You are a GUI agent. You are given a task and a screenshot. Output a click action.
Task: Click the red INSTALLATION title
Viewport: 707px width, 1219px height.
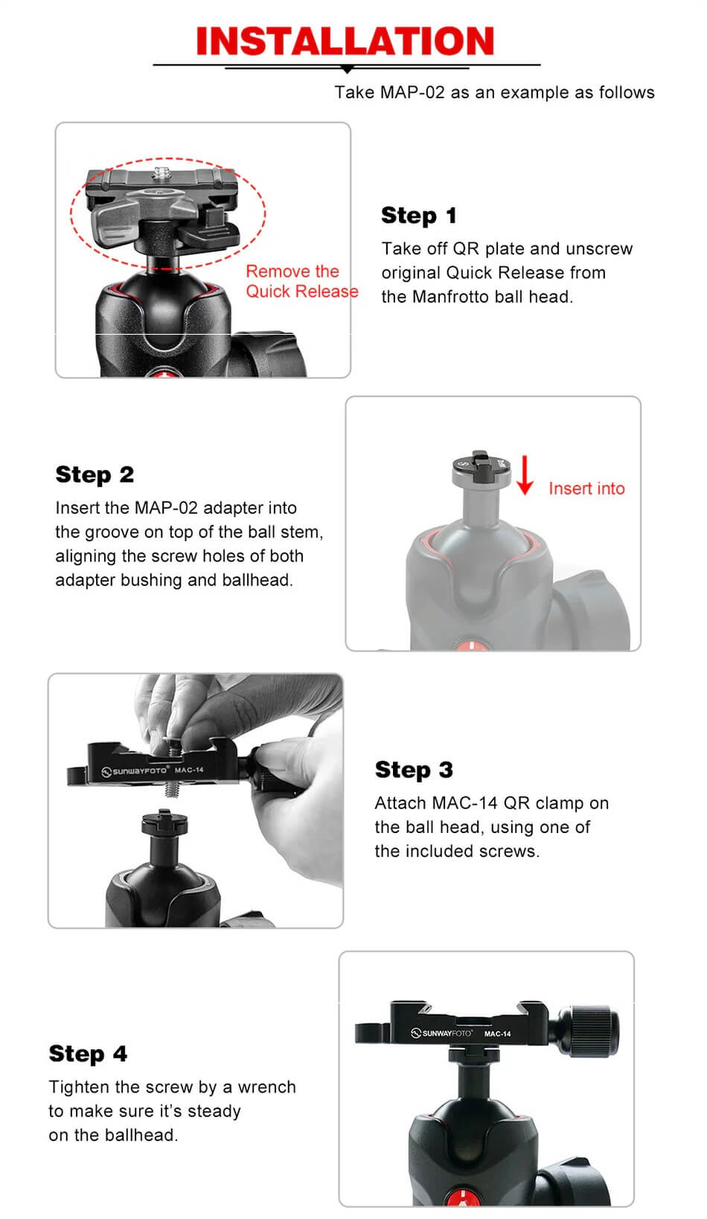345,41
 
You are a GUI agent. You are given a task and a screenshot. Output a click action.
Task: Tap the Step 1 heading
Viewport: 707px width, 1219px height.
418,216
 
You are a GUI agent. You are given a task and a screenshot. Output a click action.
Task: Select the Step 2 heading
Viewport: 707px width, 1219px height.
95,475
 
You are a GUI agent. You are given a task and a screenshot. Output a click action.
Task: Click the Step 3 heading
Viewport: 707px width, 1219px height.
414,770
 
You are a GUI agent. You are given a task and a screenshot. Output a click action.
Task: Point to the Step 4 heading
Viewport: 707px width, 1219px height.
88,1054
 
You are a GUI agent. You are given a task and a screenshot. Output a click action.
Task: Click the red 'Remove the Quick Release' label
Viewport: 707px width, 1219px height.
301,282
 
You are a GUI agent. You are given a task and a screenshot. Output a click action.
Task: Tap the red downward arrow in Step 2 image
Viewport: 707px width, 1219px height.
525,476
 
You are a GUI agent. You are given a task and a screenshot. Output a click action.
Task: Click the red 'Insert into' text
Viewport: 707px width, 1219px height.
586,489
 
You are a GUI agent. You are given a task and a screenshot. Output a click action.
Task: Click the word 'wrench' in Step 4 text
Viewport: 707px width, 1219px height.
266,1087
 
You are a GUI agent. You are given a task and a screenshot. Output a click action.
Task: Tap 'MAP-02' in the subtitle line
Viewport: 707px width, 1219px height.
412,93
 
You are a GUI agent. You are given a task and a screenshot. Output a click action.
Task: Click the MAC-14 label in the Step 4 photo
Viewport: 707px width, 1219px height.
497,1034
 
